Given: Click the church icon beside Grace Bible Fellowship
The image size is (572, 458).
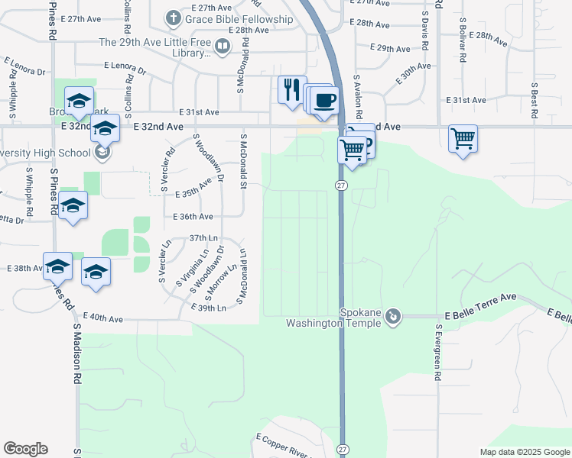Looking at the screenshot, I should click(x=174, y=18).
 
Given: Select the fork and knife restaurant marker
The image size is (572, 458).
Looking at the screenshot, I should click(x=291, y=89).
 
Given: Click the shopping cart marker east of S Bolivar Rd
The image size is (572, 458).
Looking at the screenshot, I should click(x=463, y=139).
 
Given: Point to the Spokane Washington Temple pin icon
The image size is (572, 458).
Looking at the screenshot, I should click(x=393, y=315).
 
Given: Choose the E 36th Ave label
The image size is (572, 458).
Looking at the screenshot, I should click(x=193, y=217).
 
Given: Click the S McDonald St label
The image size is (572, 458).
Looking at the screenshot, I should click(x=243, y=161).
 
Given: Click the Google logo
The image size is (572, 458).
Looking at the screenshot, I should click(x=25, y=449).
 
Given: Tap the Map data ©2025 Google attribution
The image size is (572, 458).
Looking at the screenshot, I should click(x=524, y=452).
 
